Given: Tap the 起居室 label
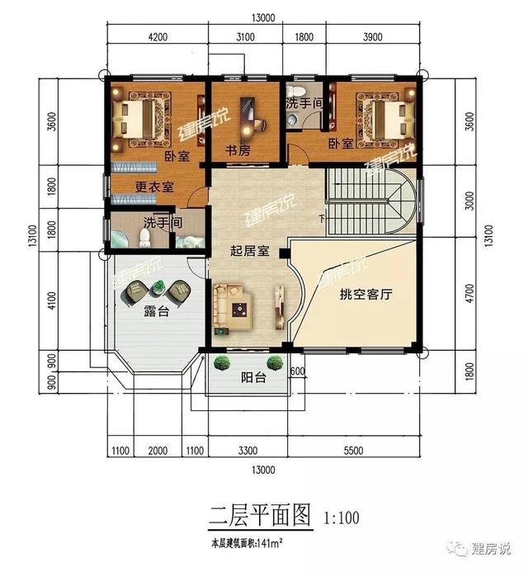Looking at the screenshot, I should point(249,251).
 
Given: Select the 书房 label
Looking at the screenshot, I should point(240,150).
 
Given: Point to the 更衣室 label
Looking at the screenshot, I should point(154,187).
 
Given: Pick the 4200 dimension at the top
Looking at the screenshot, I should point(157,37).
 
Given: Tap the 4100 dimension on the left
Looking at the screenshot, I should point(52,300).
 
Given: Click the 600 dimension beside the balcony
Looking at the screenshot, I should point(298,371).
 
